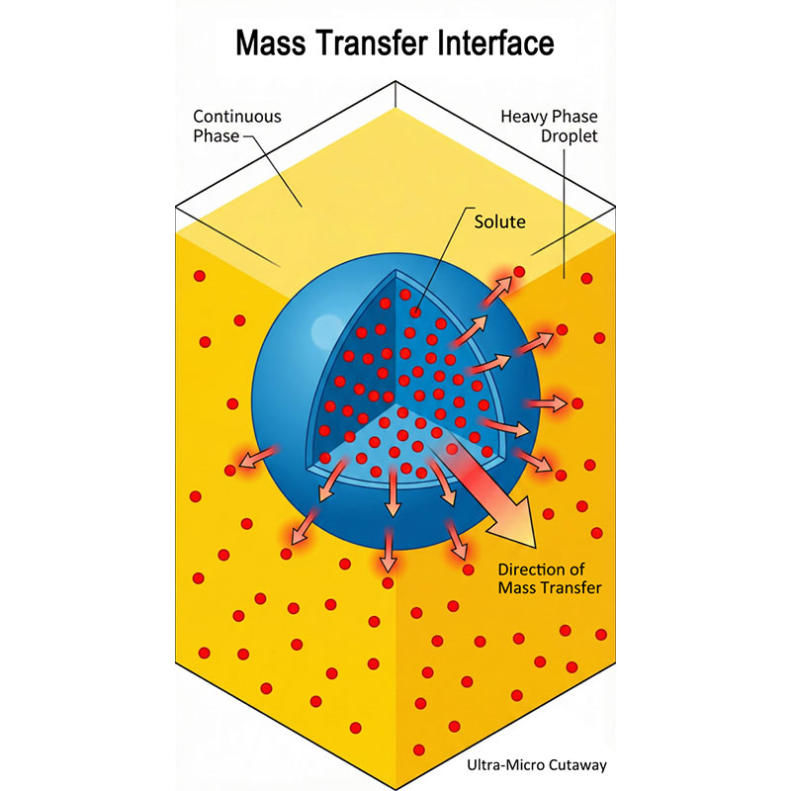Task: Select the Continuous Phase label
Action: click(x=236, y=126)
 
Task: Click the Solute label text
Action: click(x=498, y=221)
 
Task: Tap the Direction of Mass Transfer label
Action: click(x=550, y=578)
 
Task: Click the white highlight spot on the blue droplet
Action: click(x=322, y=327)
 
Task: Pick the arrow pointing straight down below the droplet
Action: click(x=390, y=554)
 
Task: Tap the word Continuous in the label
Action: click(x=236, y=116)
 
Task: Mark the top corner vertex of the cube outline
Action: click(x=395, y=83)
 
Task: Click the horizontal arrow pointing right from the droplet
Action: click(x=549, y=403)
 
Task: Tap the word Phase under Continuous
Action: click(x=217, y=135)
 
